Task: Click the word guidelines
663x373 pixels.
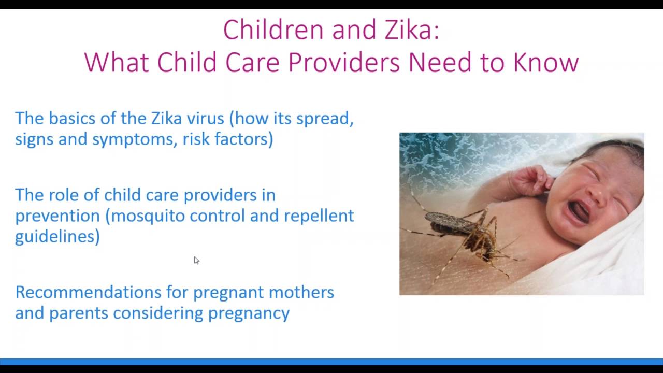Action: tap(57, 236)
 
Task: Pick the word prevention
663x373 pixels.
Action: tap(57, 216)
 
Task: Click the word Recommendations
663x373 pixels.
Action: tap(88, 292)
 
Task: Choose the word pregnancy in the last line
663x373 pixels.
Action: tap(249, 313)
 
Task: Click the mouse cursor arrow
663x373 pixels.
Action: tap(196, 260)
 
